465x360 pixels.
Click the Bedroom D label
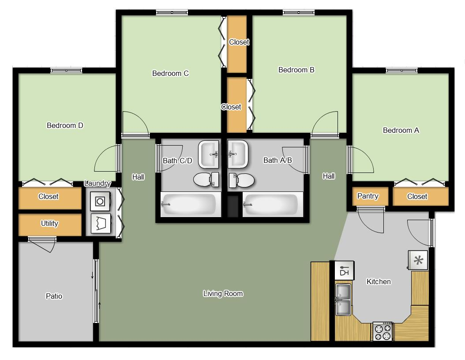[65, 126]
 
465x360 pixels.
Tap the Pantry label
[367, 196]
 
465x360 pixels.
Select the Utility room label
[49, 224]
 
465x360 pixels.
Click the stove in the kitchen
[382, 331]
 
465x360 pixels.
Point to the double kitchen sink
[343, 300]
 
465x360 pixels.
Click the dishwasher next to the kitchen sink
[344, 270]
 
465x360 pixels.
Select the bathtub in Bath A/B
[273, 204]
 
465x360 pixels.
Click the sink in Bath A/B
[238, 154]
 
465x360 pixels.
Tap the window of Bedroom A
[401, 71]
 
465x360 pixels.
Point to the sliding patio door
[96, 291]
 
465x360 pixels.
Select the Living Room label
[223, 294]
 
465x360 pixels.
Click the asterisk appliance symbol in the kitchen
[418, 260]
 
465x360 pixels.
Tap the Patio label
[54, 296]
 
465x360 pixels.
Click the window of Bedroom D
[66, 71]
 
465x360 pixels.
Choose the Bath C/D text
[177, 161]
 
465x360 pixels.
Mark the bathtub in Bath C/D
[191, 204]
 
